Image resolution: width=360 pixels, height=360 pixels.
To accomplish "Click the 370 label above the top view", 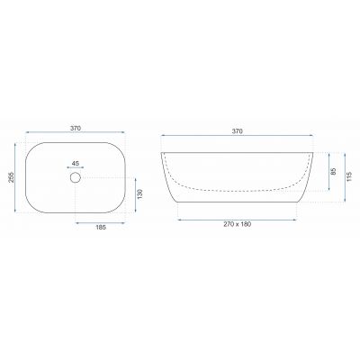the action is (76, 128).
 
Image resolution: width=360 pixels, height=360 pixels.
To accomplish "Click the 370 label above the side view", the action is (237, 131).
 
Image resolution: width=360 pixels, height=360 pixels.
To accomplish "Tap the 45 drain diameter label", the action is (76, 164).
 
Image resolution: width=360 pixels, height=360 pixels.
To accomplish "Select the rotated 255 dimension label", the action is (11, 178).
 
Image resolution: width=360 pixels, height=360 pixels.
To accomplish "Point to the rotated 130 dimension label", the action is (140, 194).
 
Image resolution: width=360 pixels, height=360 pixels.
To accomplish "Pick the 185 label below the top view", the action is (101, 228).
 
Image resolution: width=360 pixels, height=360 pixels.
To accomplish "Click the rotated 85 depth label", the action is (334, 171).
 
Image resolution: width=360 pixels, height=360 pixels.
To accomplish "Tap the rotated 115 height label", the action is (349, 176).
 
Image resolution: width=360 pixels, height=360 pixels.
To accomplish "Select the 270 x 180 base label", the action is (237, 224).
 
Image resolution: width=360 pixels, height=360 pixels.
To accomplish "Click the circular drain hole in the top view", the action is (76, 177).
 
